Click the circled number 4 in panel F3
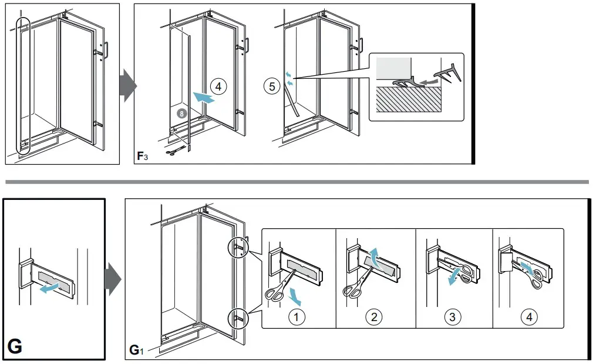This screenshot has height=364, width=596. coord(218,87)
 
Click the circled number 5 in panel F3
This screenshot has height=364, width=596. coord(271,86)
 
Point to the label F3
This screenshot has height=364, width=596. coord(142,156)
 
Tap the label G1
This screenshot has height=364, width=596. coord(135,352)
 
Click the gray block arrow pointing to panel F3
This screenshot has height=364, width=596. coord(127,86)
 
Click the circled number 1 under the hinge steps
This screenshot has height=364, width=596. coord(297,317)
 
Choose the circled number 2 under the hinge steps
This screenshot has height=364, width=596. coord(373,317)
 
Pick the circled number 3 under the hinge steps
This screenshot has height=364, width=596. coord(452,317)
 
